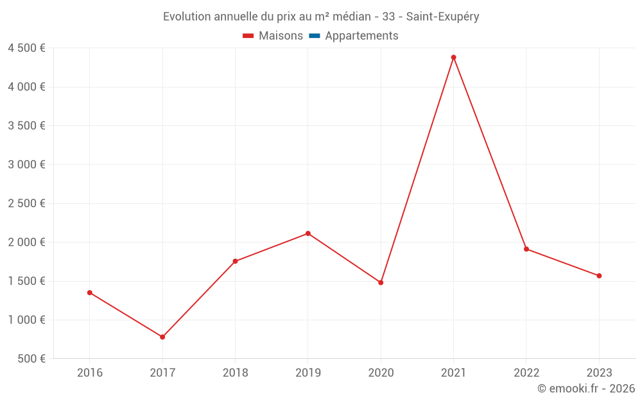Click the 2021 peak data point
coord(453,57)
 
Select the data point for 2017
coord(162,337)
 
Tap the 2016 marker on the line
coord(90,293)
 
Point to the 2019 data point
coord(308,233)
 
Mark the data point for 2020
coord(381,282)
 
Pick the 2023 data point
coord(599,276)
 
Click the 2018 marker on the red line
coord(235,261)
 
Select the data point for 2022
coord(526,249)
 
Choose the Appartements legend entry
coord(361,36)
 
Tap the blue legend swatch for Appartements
coord(314,36)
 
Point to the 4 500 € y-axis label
coord(26,48)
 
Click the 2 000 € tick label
coord(26,242)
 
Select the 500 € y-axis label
coord(30,359)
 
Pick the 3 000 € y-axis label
coord(26,165)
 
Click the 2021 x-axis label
coord(453,372)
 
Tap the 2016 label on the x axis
coord(90,372)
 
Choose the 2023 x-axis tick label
coord(599,372)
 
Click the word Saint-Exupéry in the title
coord(442,17)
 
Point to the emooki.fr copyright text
coord(586,388)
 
